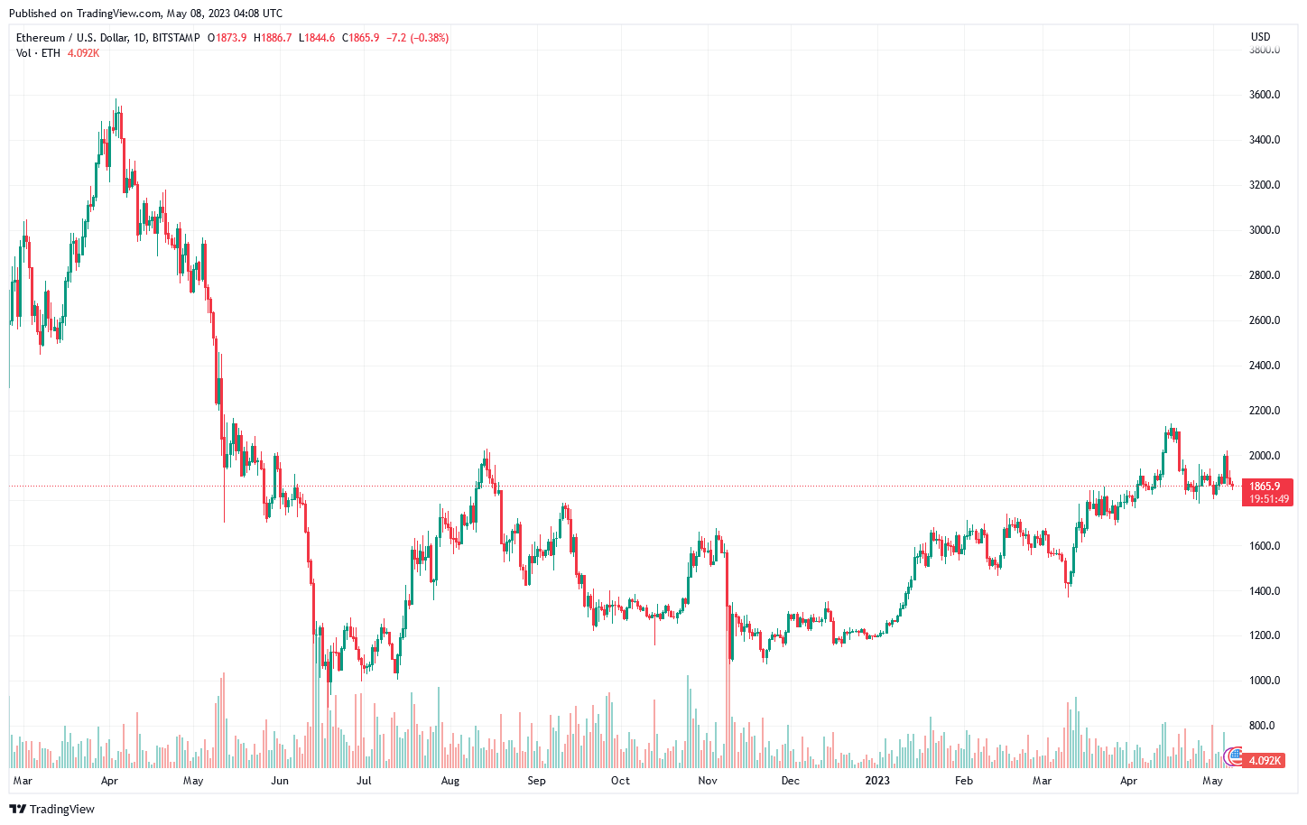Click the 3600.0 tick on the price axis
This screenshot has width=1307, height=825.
(x=1264, y=95)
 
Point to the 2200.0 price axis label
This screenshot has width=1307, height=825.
(x=1264, y=411)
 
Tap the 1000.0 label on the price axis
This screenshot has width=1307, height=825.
(x=1264, y=681)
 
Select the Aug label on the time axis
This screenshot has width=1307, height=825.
(x=450, y=781)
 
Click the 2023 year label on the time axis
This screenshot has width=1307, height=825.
(x=876, y=781)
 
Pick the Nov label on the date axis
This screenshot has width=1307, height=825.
(x=708, y=781)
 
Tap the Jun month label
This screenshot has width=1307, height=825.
(x=280, y=781)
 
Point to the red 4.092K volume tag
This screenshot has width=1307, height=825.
(x=1264, y=761)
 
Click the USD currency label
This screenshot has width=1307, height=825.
(x=1260, y=37)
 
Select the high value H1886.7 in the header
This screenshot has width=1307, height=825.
(x=273, y=38)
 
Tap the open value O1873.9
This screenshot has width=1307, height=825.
(x=227, y=38)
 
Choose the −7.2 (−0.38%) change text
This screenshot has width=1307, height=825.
(x=417, y=38)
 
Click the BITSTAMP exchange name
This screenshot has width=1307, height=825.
(x=176, y=38)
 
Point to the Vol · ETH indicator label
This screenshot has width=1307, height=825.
(x=38, y=53)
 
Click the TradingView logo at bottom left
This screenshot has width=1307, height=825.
(x=51, y=809)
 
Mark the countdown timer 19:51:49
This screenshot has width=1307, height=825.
(x=1268, y=499)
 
